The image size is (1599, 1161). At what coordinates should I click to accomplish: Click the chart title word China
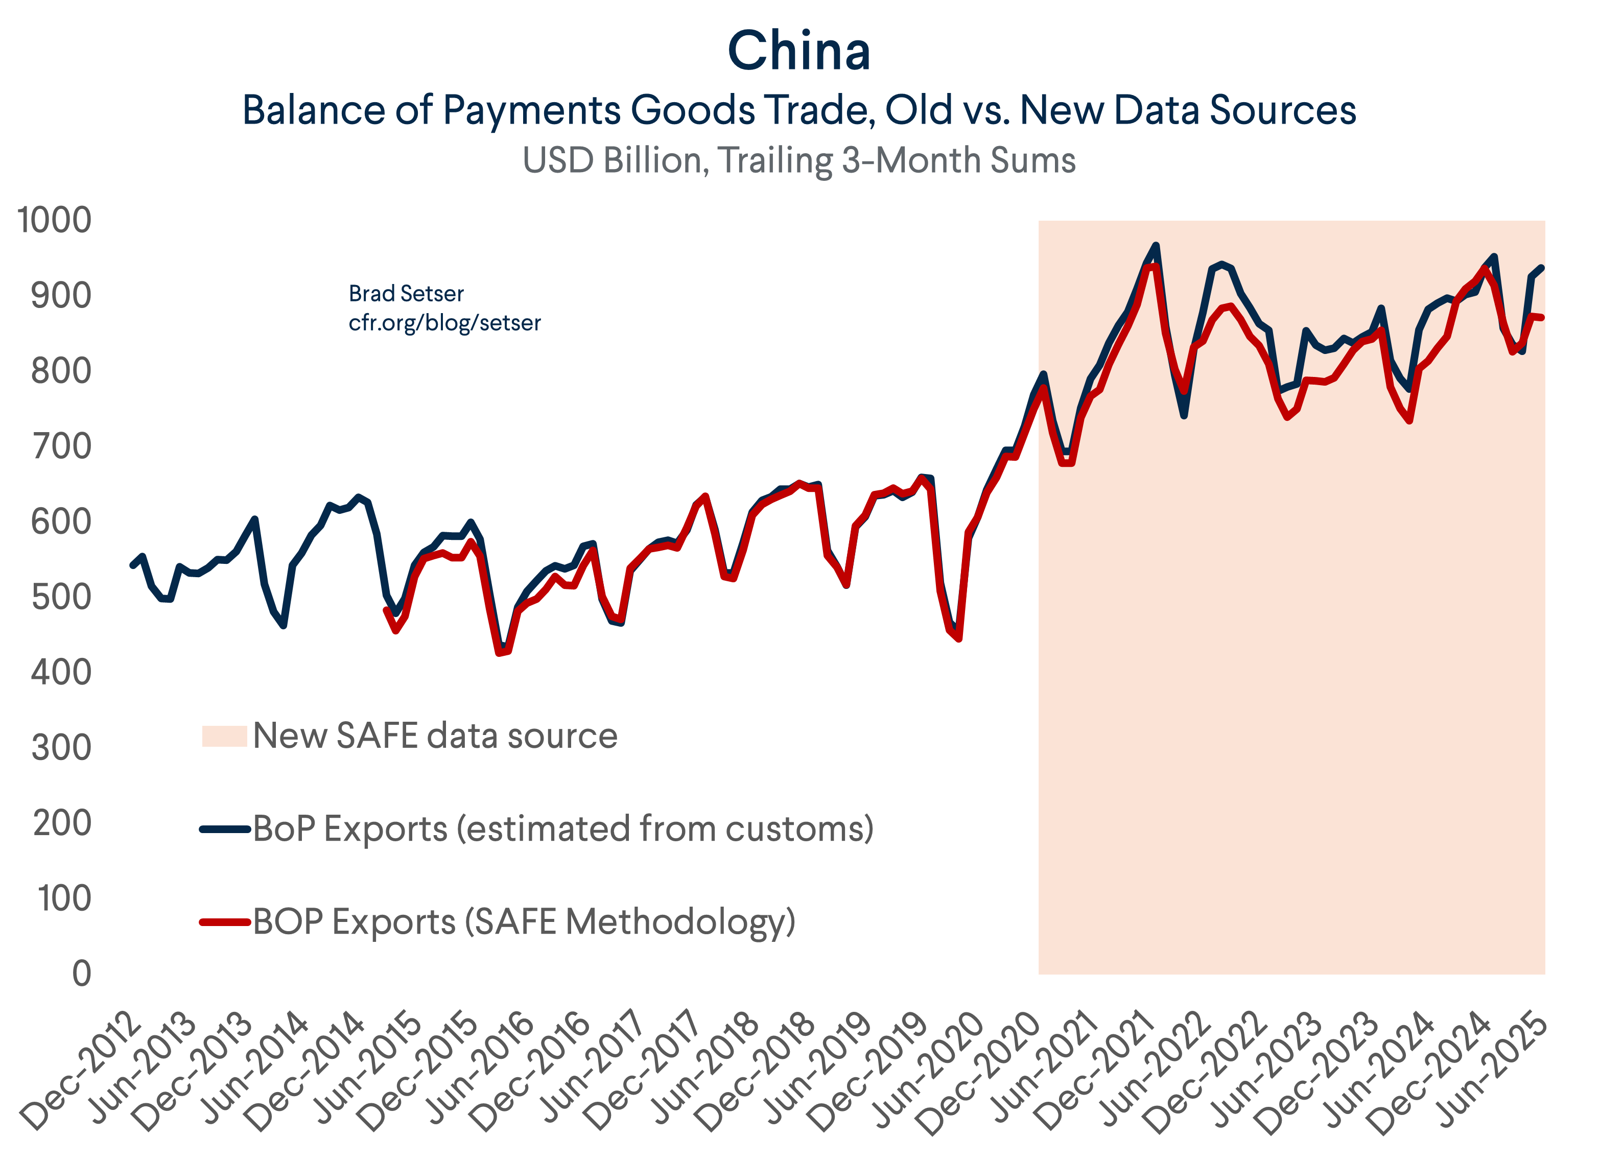point(799,52)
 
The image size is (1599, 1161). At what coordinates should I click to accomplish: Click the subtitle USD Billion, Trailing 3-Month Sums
point(799,161)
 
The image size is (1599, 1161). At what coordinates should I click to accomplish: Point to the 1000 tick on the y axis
point(54,220)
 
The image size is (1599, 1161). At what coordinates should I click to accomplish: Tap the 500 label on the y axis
point(61,597)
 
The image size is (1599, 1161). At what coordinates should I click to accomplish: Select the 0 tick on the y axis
point(82,974)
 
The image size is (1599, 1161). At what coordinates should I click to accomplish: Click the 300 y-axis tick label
point(61,748)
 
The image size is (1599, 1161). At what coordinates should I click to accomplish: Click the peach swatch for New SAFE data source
point(224,736)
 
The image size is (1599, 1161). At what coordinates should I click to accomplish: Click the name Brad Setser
point(406,293)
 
